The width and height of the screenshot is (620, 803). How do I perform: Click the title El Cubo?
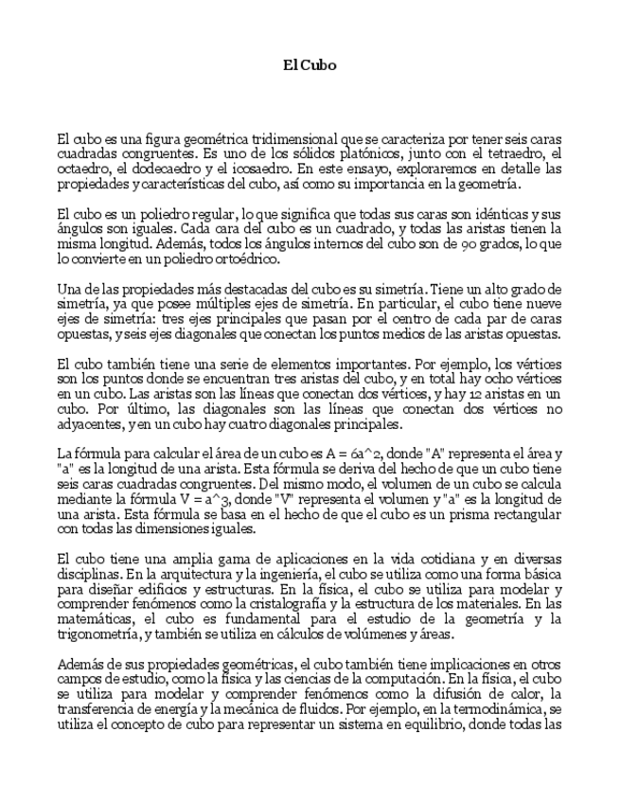[310, 65]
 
